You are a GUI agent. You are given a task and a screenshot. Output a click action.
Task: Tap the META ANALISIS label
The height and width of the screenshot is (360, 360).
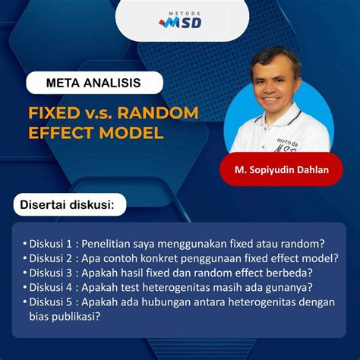(x=94, y=83)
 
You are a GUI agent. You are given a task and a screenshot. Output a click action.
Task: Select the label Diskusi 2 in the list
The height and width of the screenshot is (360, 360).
(x=50, y=258)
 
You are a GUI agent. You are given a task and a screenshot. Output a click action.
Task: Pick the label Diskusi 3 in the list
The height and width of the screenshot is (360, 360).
(x=50, y=273)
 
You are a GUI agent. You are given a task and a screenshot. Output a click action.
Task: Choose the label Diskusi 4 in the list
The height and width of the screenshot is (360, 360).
(x=50, y=287)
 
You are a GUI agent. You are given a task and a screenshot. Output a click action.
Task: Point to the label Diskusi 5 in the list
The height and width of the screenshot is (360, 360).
(x=50, y=302)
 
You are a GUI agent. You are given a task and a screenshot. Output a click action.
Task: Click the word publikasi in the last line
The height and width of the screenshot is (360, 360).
(x=74, y=317)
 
